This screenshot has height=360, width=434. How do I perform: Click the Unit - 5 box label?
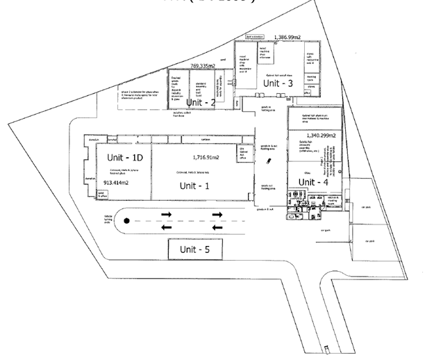tap(194, 249)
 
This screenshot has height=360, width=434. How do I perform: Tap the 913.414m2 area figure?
tap(117, 183)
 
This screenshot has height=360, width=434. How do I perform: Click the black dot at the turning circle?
tap(126, 221)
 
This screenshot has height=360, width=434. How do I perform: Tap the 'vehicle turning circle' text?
tap(108, 220)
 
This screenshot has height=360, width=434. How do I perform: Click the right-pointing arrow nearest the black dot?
tap(167, 215)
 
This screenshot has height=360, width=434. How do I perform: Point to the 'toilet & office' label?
tap(103, 197)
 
